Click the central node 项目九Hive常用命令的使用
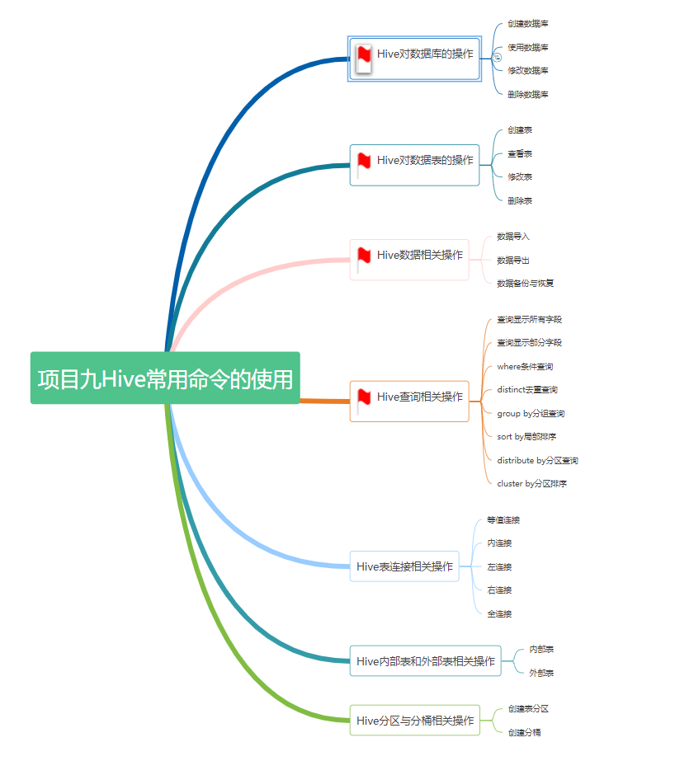tap(165, 378)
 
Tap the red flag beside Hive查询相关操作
tap(364, 397)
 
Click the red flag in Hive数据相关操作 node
tap(364, 256)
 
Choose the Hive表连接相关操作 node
tap(404, 566)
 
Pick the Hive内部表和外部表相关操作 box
tap(425, 661)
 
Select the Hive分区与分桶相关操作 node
tap(414, 721)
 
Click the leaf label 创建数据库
tap(528, 24)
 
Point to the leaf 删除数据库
tap(528, 95)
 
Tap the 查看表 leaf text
tap(520, 154)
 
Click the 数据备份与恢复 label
tap(525, 284)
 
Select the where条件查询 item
tap(525, 366)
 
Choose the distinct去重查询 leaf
tap(527, 390)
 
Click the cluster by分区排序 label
tap(531, 484)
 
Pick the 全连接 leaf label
tap(499, 614)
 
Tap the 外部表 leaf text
tap(541, 674)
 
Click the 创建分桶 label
tap(525, 732)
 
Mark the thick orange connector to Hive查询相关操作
tap(324, 401)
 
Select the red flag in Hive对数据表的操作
tap(364, 161)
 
